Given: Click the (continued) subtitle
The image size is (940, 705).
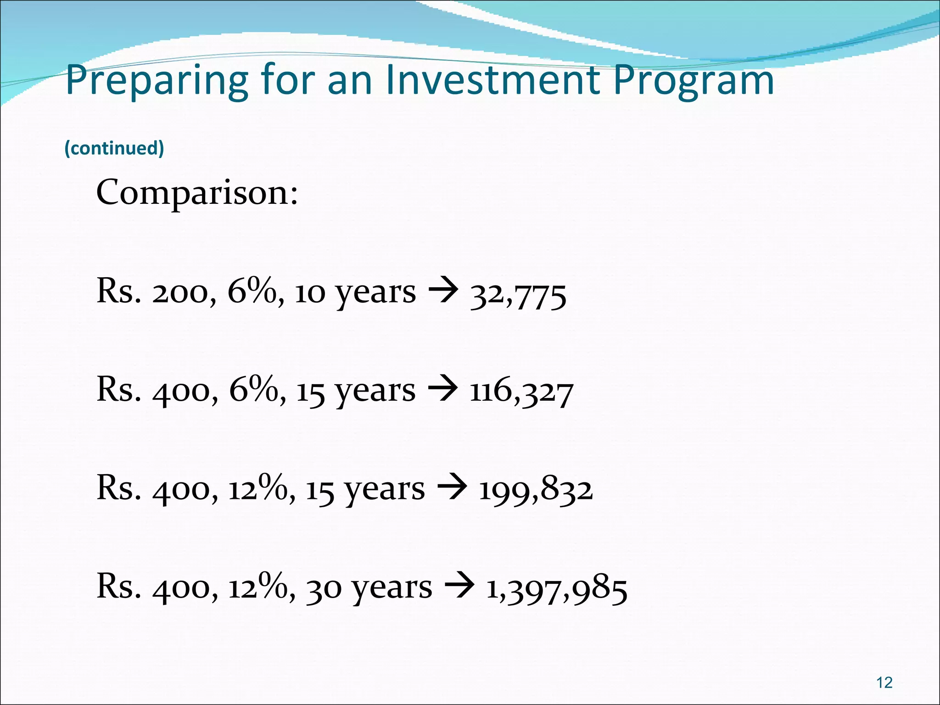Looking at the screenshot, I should [114, 148].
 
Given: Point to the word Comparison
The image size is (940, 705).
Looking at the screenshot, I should [197, 193].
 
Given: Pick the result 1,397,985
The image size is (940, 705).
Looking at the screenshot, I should [557, 589].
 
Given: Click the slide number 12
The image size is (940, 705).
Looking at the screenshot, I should [884, 683].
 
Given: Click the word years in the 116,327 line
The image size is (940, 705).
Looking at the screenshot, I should [375, 392].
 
